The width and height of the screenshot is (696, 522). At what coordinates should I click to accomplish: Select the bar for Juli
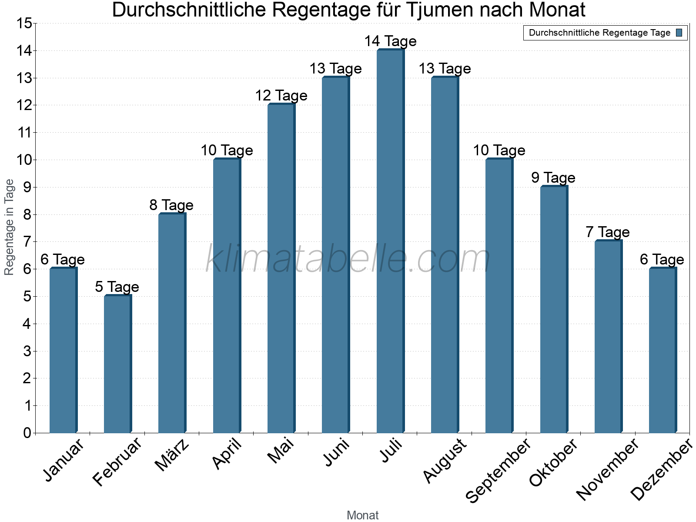click(390, 241)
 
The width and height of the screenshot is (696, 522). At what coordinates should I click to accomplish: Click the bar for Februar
click(117, 364)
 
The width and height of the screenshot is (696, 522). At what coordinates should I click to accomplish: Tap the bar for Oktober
click(554, 310)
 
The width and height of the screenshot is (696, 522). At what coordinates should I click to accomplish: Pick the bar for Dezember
click(663, 351)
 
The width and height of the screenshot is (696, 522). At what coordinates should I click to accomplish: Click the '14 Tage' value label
click(390, 41)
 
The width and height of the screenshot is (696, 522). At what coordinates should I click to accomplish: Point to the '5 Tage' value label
click(117, 287)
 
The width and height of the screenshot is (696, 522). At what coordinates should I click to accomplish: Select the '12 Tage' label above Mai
click(281, 96)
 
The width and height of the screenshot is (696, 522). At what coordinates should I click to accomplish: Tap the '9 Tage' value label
click(553, 178)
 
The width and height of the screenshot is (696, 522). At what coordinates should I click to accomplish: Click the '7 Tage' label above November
click(608, 232)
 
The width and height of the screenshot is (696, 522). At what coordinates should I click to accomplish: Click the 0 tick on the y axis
click(27, 433)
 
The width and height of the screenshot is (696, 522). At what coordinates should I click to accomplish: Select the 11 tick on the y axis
click(24, 133)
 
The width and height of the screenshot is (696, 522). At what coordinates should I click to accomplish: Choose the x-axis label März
click(172, 455)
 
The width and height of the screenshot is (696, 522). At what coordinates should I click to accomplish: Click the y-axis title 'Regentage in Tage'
click(10, 227)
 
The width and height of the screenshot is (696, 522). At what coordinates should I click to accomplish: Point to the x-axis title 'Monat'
click(362, 515)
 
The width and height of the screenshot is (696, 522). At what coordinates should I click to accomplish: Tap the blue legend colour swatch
click(679, 33)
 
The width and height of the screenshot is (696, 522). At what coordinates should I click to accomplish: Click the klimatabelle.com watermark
click(348, 259)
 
